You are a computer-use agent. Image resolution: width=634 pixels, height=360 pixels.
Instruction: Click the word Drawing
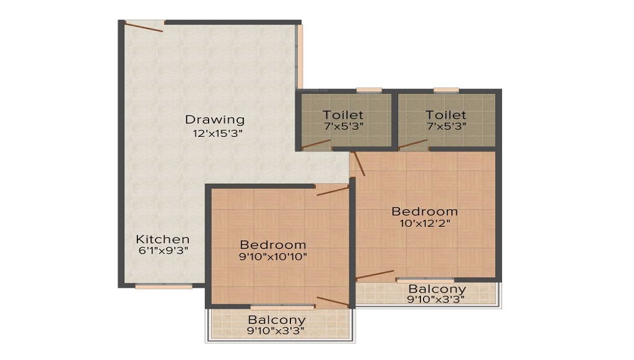[x=214, y=119]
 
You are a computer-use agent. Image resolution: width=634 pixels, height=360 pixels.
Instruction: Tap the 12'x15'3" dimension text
[x=217, y=134]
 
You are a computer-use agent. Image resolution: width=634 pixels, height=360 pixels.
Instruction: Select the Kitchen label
[x=163, y=239]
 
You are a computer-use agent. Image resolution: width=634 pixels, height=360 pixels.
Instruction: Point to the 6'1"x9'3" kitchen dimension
[x=163, y=250]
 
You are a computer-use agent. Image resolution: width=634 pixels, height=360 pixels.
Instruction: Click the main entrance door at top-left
[x=145, y=26]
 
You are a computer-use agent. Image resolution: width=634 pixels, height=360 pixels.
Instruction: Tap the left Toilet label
[x=343, y=115]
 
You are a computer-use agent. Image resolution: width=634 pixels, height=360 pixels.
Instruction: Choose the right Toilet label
[x=446, y=115]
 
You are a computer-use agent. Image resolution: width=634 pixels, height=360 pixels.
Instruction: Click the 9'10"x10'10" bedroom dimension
[x=273, y=257]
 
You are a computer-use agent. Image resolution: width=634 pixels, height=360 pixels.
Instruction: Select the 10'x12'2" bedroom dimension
[x=424, y=223]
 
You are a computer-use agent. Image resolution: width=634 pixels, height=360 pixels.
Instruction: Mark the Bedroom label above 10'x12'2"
[x=424, y=211]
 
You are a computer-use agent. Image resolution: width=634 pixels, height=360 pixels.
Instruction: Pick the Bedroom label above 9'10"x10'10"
[x=273, y=245]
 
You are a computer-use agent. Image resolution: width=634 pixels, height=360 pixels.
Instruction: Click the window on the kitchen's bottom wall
[x=164, y=286]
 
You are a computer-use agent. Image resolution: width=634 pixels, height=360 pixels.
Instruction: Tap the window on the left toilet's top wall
[x=369, y=90]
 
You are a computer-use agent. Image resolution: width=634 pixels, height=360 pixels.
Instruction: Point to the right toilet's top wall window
[x=446, y=90]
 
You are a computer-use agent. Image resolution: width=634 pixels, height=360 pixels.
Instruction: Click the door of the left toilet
[x=316, y=144]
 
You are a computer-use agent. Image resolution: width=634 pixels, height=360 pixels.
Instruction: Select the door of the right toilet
[x=413, y=144]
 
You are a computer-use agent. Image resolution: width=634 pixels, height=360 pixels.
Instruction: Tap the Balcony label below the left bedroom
[x=276, y=320]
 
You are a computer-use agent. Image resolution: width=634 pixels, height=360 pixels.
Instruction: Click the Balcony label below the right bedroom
[x=437, y=289]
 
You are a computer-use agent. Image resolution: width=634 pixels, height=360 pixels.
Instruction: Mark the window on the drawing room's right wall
[x=300, y=57]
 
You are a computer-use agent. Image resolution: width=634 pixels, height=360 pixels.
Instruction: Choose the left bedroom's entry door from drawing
[x=332, y=190]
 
